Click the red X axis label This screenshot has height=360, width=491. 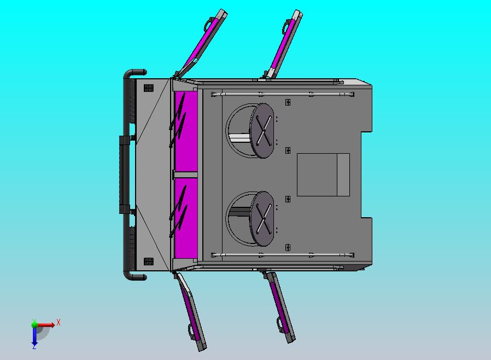[59, 322]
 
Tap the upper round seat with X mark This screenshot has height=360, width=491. [262, 131]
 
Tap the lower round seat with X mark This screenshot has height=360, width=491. [262, 219]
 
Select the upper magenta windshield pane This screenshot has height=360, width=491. [186, 131]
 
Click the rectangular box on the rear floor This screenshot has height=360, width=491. [323, 175]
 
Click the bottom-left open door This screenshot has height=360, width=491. [190, 311]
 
